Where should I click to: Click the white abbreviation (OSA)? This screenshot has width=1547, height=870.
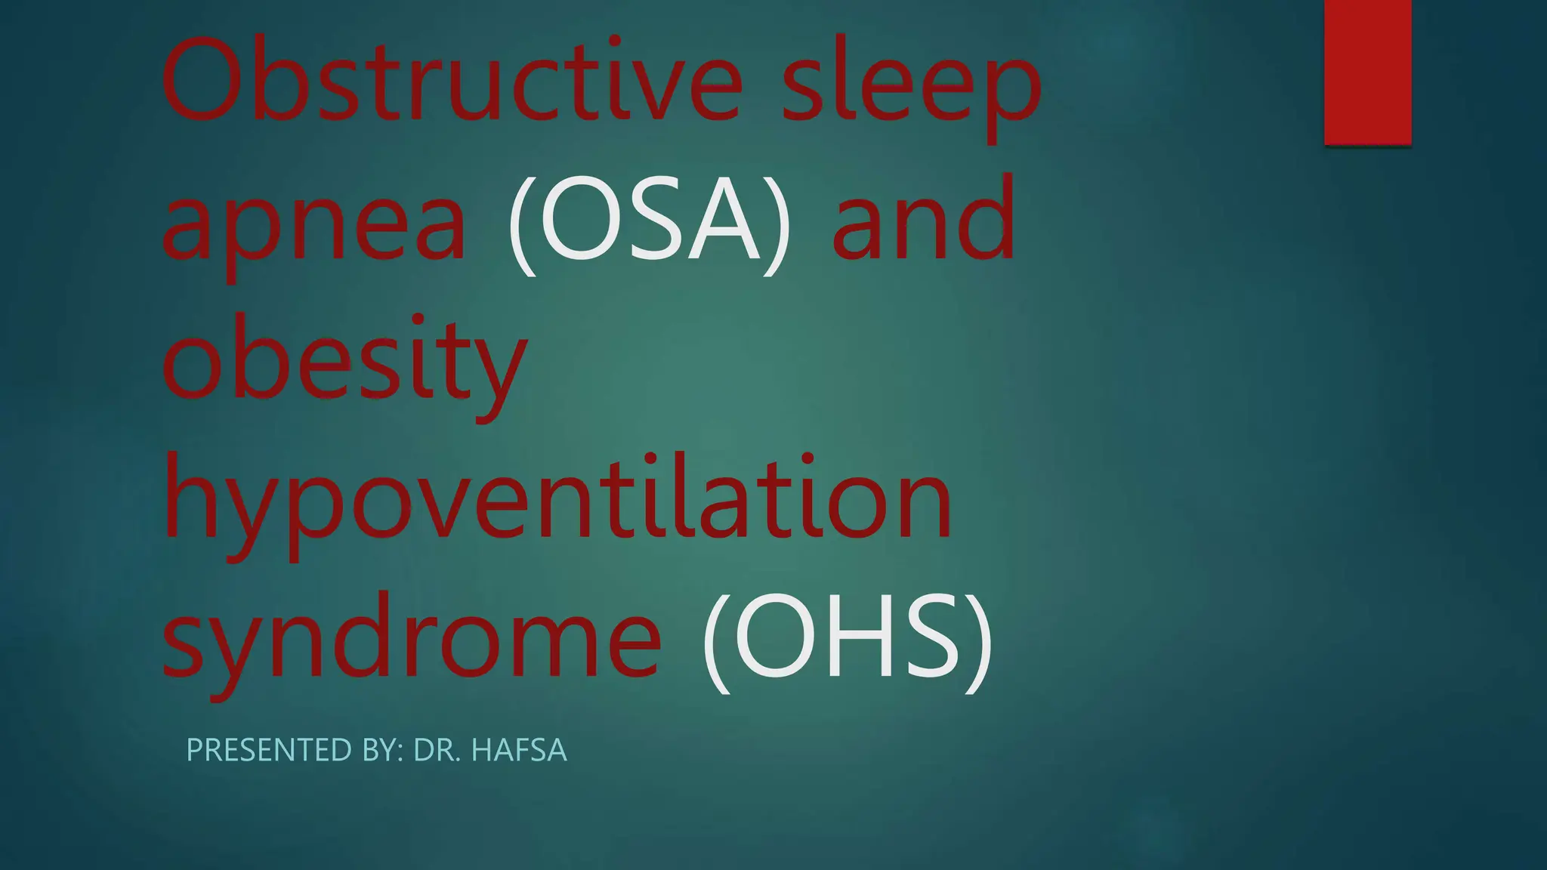[650, 219]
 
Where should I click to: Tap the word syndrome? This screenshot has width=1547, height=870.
[412, 638]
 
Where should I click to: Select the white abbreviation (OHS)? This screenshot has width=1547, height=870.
[846, 638]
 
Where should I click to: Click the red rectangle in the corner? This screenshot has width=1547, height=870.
[1367, 72]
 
